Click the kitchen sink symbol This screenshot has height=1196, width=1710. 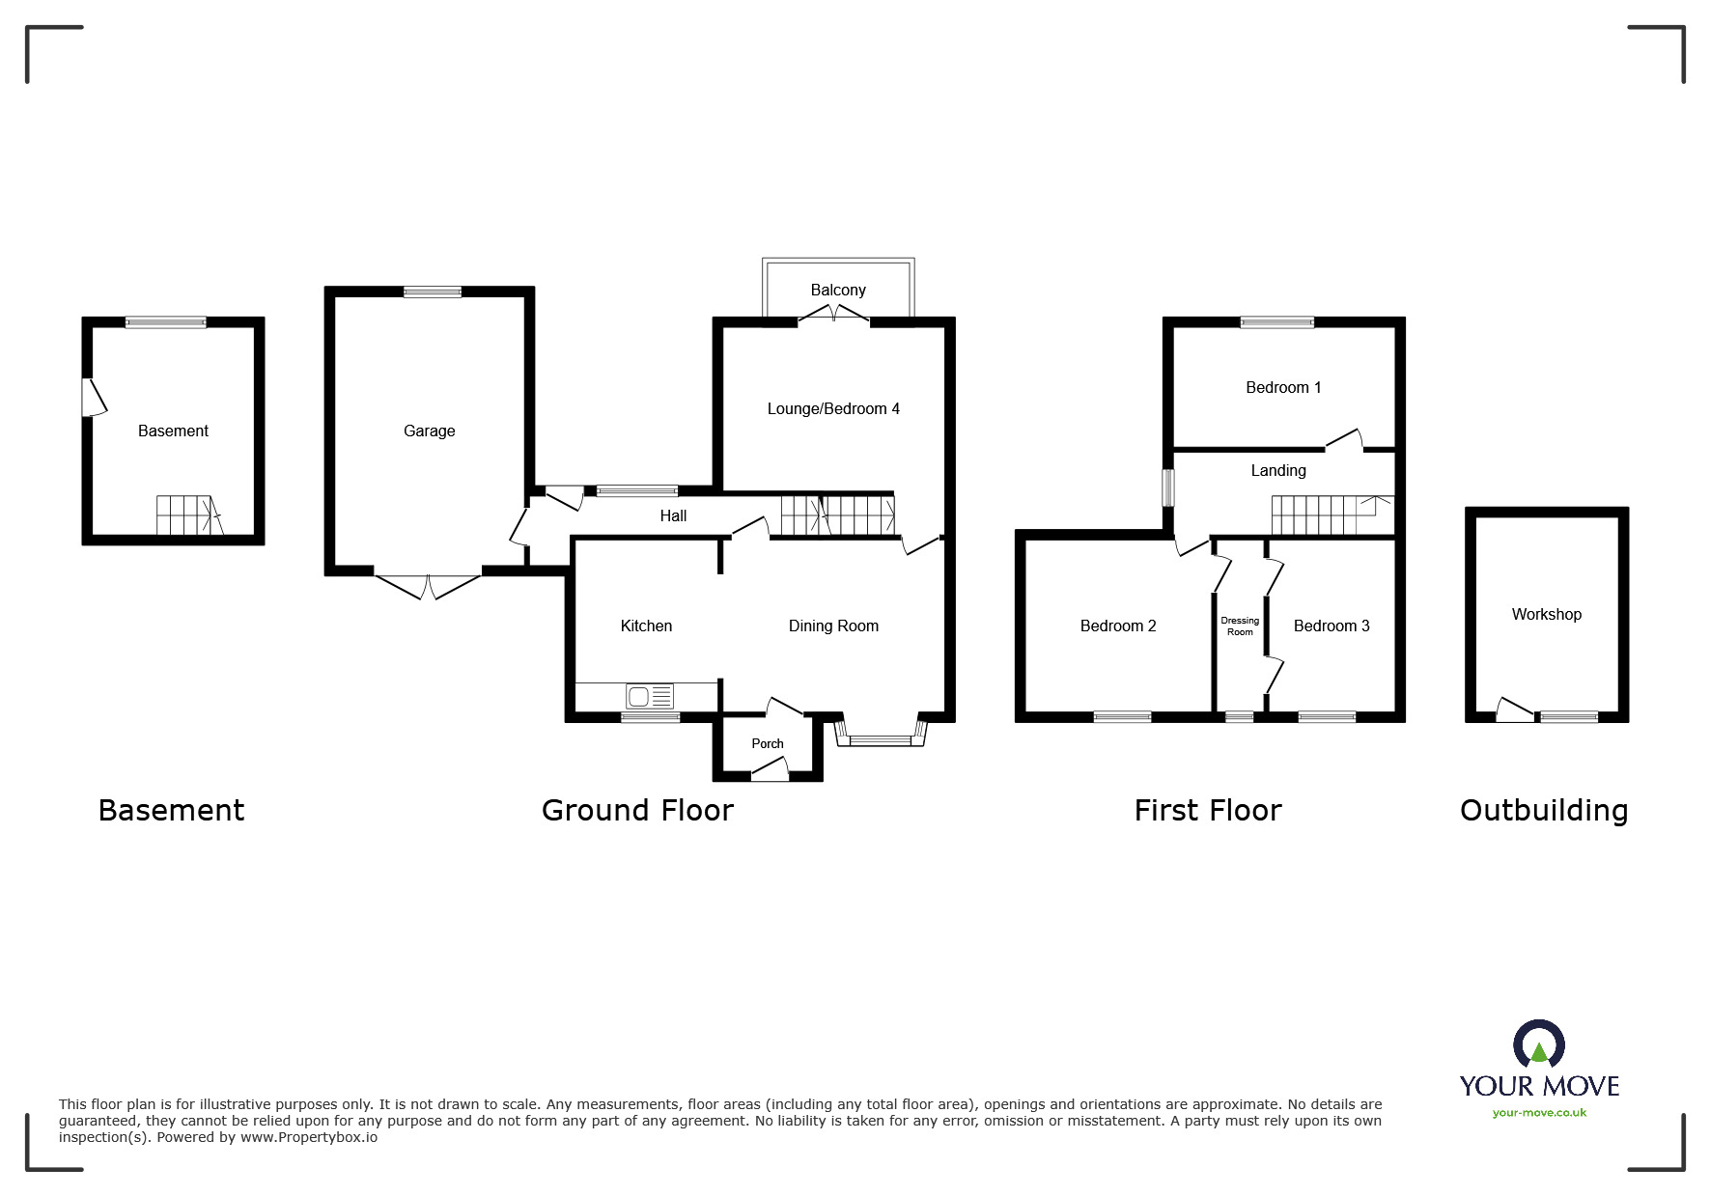[650, 695]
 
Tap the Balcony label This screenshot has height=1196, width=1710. [837, 290]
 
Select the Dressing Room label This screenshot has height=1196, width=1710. [1240, 626]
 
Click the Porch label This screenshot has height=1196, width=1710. [768, 743]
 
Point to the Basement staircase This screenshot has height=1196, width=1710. [187, 515]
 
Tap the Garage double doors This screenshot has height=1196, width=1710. [427, 586]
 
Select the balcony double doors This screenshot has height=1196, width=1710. [835, 314]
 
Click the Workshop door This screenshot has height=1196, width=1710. [1513, 711]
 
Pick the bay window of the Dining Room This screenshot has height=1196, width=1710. [880, 740]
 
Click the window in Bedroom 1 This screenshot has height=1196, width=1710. [1276, 322]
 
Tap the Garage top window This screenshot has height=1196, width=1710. [432, 292]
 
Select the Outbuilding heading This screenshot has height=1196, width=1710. [1543, 811]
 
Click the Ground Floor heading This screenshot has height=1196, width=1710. [637, 811]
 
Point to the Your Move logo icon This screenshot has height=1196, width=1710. [1538, 1045]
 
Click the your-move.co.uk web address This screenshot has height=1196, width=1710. [1539, 1113]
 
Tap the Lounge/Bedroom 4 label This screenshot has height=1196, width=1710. [833, 409]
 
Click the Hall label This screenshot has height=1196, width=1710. [673, 516]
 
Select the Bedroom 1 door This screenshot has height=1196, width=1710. [1344, 439]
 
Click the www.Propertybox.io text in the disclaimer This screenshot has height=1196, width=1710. [309, 1137]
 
